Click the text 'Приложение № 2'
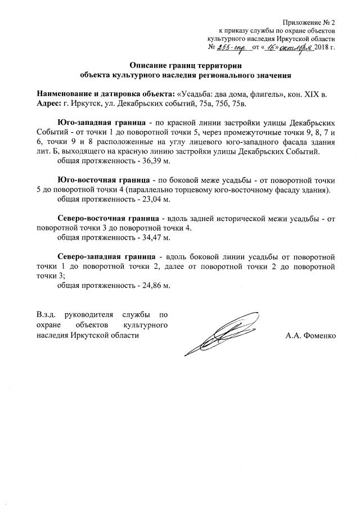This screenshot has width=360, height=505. pos(308,20)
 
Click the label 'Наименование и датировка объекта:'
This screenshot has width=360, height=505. pos(106,93)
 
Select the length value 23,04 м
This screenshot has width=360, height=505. pos(155,199)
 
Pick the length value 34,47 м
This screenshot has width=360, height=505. pos(155,237)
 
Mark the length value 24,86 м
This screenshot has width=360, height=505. pos(155,285)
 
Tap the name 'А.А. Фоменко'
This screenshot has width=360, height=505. pos(310,336)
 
